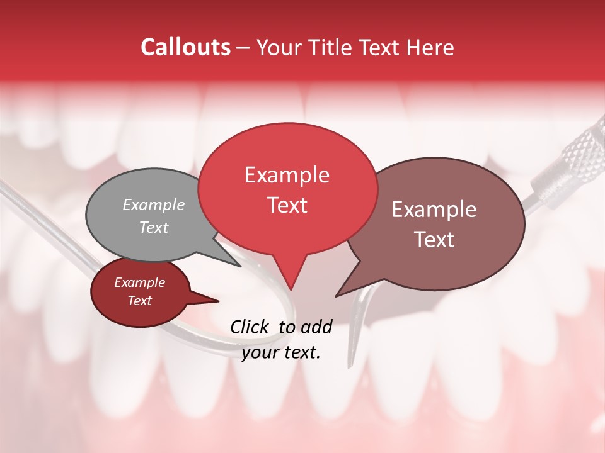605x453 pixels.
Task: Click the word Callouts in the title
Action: [x=185, y=48]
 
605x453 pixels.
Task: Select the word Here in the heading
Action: [x=430, y=48]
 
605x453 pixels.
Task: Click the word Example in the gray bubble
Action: [x=154, y=205]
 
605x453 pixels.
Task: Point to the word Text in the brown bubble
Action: [x=435, y=240]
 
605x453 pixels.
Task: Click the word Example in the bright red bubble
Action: [x=287, y=175]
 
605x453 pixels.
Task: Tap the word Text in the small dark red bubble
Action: [x=139, y=301]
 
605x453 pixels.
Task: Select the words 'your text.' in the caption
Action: [x=281, y=352]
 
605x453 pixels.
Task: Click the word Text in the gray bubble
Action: [x=154, y=228]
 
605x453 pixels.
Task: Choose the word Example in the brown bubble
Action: [x=434, y=210]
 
